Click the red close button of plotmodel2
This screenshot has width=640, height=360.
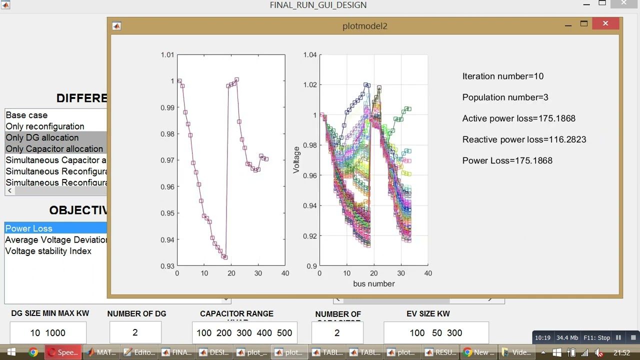605,23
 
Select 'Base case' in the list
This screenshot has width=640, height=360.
26,115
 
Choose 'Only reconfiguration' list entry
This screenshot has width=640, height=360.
45,126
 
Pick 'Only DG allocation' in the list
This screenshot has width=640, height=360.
42,137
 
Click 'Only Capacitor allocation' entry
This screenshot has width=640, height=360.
54,149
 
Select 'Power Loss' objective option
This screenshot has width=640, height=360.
28,228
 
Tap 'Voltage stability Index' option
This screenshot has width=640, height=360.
48,251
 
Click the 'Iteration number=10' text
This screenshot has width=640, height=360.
502,76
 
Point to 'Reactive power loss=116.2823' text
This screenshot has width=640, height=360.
524,139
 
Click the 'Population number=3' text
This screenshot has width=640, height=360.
505,97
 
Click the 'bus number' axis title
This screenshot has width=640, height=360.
373,284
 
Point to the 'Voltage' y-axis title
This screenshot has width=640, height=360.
296,160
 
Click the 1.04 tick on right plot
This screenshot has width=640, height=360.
310,55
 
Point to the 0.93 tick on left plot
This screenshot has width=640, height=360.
167,266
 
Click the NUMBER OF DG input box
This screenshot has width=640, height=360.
135,332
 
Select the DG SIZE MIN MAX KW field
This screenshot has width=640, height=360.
47,333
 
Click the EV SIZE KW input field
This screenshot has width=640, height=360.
436,333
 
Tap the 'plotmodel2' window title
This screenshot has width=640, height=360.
364,26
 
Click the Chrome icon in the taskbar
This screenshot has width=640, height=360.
33,352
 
